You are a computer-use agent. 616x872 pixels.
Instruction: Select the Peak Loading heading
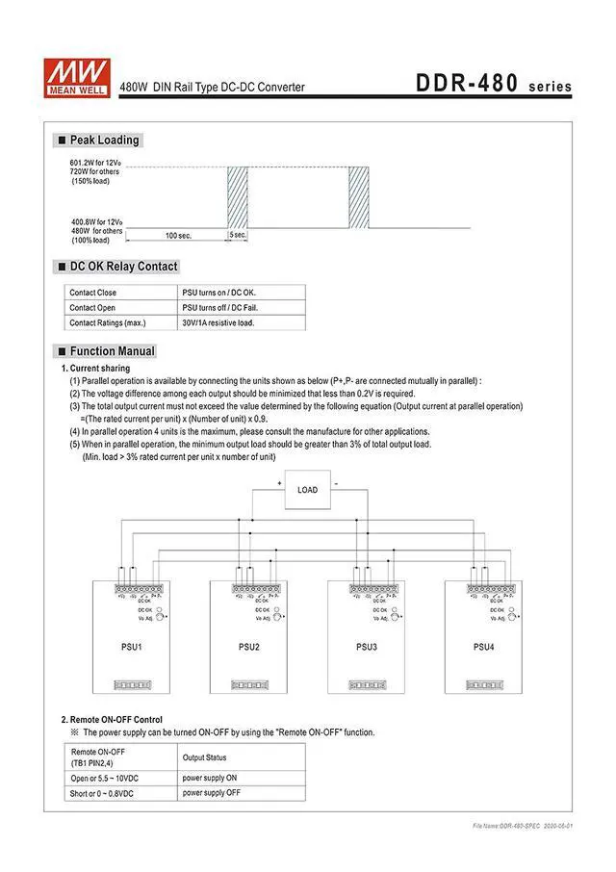104,141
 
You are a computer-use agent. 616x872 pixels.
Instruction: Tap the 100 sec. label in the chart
178,235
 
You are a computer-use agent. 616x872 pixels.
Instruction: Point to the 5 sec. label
238,235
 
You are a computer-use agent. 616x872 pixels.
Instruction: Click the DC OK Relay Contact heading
123,267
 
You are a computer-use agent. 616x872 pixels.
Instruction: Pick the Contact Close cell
93,293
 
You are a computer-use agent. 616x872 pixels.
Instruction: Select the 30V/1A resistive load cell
218,322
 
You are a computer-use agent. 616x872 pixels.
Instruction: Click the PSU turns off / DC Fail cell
220,308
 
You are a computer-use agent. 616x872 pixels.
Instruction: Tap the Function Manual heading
112,351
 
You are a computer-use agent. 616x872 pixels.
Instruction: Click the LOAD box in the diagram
307,490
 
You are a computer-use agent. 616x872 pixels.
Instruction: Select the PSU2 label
249,646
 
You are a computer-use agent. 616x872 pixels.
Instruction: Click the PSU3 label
367,646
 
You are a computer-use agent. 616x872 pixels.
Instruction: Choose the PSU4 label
483,646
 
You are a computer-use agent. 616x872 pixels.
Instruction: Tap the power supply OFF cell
212,793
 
